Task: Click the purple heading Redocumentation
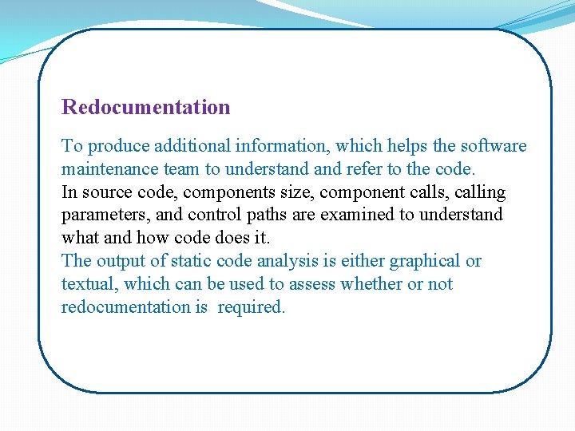(146, 107)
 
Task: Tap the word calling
(480, 192)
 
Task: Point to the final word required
(251, 307)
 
